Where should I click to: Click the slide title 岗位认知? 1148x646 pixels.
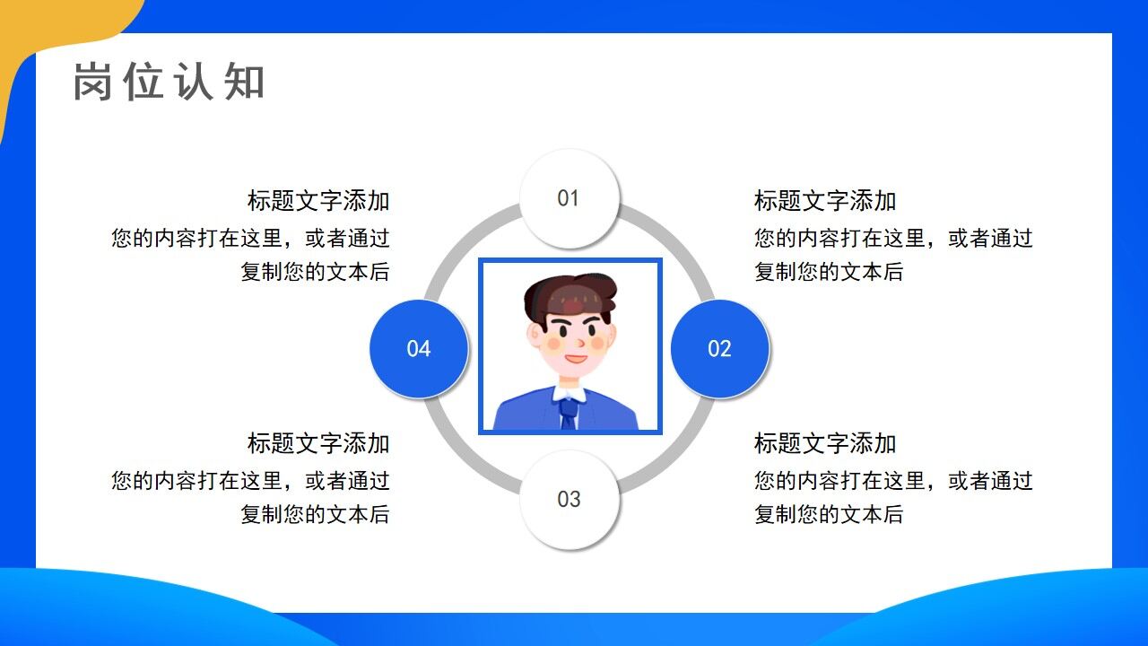pyautogui.click(x=169, y=82)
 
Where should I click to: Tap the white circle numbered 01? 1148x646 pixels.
pyautogui.click(x=570, y=198)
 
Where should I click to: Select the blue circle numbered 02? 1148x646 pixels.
pyautogui.click(x=720, y=349)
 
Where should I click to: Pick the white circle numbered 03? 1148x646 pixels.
pyautogui.click(x=570, y=500)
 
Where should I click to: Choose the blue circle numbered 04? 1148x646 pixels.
pyautogui.click(x=419, y=349)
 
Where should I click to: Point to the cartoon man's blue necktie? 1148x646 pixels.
pyautogui.click(x=569, y=413)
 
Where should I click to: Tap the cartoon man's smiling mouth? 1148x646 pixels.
pyautogui.click(x=575, y=359)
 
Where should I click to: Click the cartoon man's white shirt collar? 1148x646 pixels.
pyautogui.click(x=569, y=392)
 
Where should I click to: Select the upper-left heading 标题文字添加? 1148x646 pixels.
pyautogui.click(x=318, y=201)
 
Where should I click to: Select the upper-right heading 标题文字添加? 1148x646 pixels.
pyautogui.click(x=825, y=201)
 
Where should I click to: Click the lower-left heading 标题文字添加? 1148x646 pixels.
pyautogui.click(x=318, y=443)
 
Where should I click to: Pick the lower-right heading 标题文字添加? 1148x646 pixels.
pyautogui.click(x=825, y=443)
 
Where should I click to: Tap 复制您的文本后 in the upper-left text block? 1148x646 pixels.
pyautogui.click(x=315, y=272)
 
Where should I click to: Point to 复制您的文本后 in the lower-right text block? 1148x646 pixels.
pyautogui.click(x=829, y=514)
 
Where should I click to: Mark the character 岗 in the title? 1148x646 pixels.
pyautogui.click(x=93, y=82)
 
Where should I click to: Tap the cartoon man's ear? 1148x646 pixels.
pyautogui.click(x=535, y=337)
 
